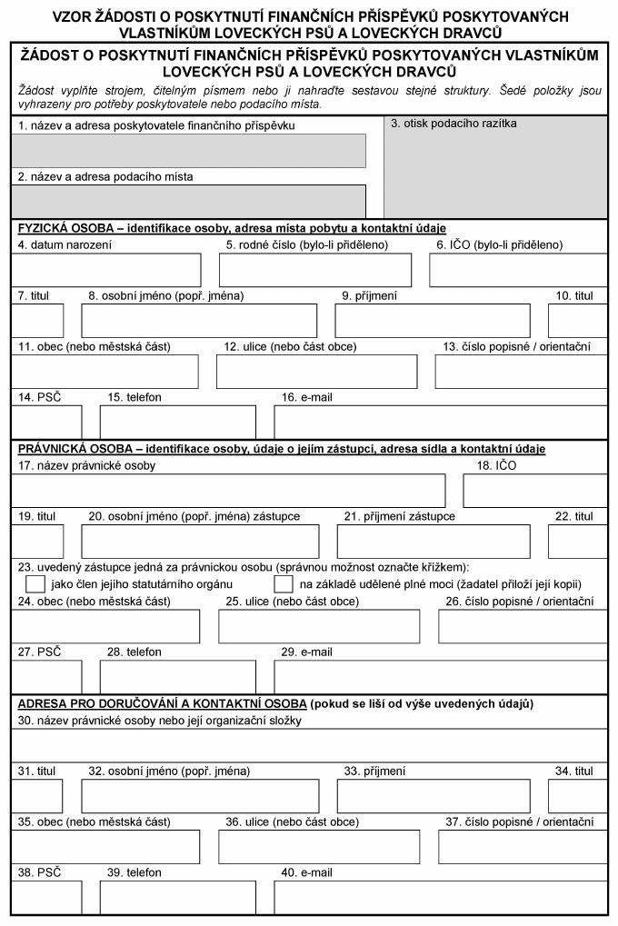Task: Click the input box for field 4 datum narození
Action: pyautogui.click(x=106, y=270)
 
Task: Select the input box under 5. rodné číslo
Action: pyautogui.click(x=314, y=270)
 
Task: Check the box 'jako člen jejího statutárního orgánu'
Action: pyautogui.click(x=35, y=583)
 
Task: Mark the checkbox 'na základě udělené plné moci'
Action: pyautogui.click(x=284, y=583)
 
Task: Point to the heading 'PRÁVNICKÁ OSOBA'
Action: pyautogui.click(x=67, y=449)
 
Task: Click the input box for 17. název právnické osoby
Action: pyautogui.click(x=228, y=490)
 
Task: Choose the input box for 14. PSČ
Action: pyautogui.click(x=46, y=422)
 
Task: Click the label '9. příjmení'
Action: pyautogui.click(x=369, y=295)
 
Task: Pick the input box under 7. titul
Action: pyautogui.click(x=37, y=320)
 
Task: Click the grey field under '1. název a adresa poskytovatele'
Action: pyautogui.click(x=188, y=151)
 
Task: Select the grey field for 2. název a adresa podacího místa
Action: pyautogui.click(x=188, y=201)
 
